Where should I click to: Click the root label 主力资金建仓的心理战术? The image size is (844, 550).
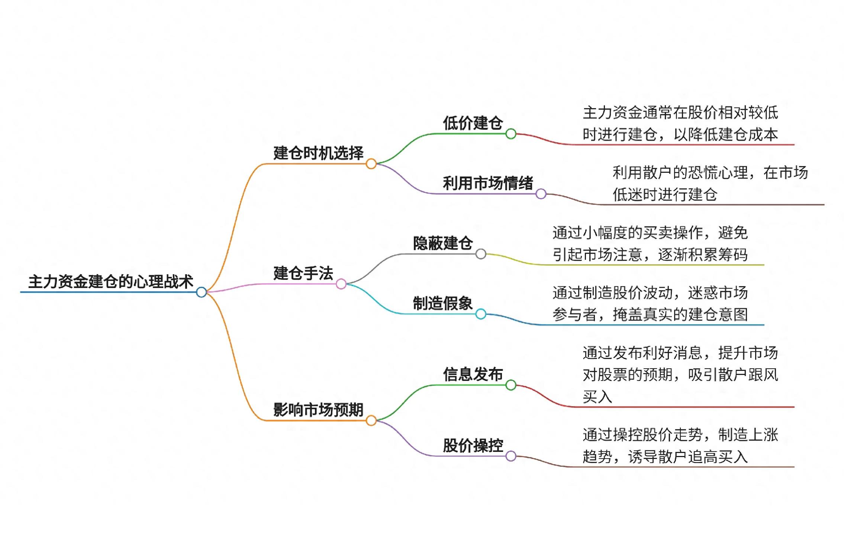click(x=111, y=282)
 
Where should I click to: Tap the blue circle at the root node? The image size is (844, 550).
click(x=202, y=292)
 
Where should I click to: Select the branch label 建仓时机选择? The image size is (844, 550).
click(x=318, y=153)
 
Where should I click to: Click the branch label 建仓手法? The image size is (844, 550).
click(x=303, y=274)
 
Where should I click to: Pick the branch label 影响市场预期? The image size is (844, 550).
click(x=318, y=410)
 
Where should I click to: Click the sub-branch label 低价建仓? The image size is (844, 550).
click(x=473, y=123)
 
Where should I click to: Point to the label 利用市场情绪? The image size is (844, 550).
click(x=488, y=183)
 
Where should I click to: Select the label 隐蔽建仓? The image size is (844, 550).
click(x=443, y=243)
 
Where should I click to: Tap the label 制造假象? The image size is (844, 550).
click(x=443, y=304)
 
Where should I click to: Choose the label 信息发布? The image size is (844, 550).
click(x=473, y=374)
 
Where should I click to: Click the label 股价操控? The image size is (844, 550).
click(x=473, y=446)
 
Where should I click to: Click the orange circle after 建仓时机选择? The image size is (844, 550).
click(x=371, y=164)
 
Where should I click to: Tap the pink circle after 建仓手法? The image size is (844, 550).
click(x=341, y=284)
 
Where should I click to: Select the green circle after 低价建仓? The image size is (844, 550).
click(x=511, y=134)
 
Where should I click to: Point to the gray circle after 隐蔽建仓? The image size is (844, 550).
click(x=481, y=254)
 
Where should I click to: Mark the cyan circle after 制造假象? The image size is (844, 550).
click(x=481, y=314)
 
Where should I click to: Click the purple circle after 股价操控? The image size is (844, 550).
click(x=511, y=456)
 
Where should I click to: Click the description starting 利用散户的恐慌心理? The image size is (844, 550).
click(x=710, y=184)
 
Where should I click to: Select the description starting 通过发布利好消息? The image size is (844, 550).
click(x=680, y=375)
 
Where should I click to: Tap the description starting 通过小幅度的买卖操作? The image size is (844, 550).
click(x=650, y=244)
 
